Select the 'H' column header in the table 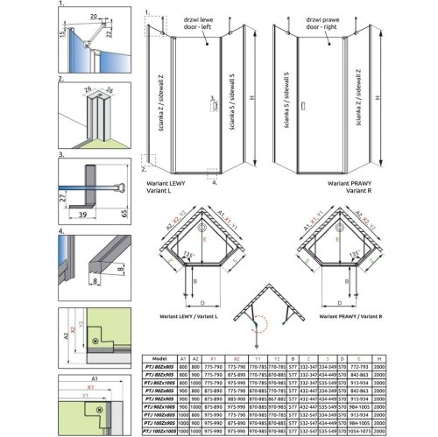coord(427,356)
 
